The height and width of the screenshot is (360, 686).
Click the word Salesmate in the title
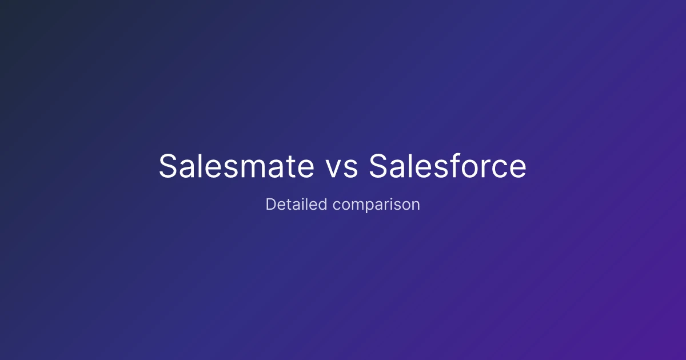tap(237, 166)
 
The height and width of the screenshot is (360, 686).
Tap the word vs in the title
tap(341, 169)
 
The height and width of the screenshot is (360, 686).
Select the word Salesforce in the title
tap(448, 166)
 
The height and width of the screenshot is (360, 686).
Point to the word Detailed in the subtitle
tap(297, 204)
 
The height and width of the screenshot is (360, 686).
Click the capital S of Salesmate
tap(168, 166)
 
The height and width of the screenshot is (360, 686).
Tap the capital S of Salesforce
tap(378, 166)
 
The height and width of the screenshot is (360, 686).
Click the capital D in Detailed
tap(271, 204)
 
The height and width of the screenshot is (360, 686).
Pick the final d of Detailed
tap(323, 204)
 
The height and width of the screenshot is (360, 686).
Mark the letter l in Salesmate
tap(200, 165)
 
